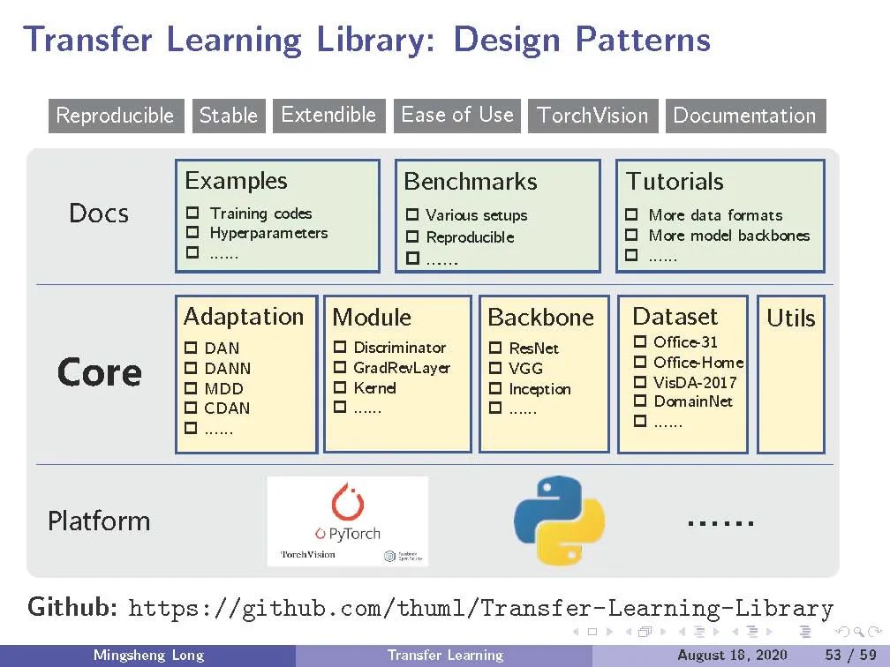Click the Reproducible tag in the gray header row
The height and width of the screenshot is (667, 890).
116,116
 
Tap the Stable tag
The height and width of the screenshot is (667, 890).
229,116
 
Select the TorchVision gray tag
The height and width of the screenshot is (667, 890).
592,116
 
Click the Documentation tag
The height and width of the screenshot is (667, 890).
745,116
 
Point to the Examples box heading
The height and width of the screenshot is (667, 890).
236,181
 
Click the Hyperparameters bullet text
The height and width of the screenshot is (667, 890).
268,233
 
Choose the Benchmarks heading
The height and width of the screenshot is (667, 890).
470,182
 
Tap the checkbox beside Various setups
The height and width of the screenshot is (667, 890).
412,215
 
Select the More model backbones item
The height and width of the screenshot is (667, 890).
728,236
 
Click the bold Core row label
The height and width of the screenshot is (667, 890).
99,373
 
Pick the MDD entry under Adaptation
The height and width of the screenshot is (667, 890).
223,388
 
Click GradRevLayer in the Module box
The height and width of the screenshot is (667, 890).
402,368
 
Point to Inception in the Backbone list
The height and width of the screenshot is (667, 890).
539,389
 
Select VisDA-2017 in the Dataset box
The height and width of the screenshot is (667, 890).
694,382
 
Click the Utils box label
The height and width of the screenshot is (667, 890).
790,319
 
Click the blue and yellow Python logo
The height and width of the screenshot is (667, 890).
559,520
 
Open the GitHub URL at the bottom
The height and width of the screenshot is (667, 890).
480,608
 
